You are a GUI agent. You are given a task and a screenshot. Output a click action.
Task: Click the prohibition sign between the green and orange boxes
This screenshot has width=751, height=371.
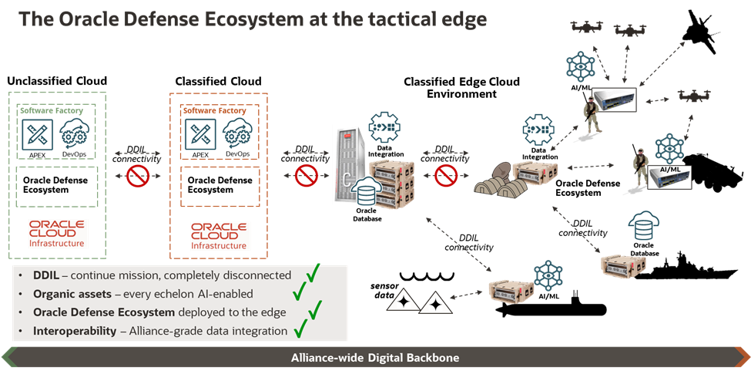137,176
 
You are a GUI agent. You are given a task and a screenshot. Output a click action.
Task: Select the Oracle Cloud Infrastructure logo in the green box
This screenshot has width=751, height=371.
59,233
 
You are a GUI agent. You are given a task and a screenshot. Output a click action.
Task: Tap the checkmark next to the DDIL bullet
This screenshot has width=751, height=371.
312,274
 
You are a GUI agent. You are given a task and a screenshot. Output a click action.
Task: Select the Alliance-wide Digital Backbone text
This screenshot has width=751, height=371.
375,359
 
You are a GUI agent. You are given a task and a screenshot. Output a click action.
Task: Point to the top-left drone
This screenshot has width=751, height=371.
588,29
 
